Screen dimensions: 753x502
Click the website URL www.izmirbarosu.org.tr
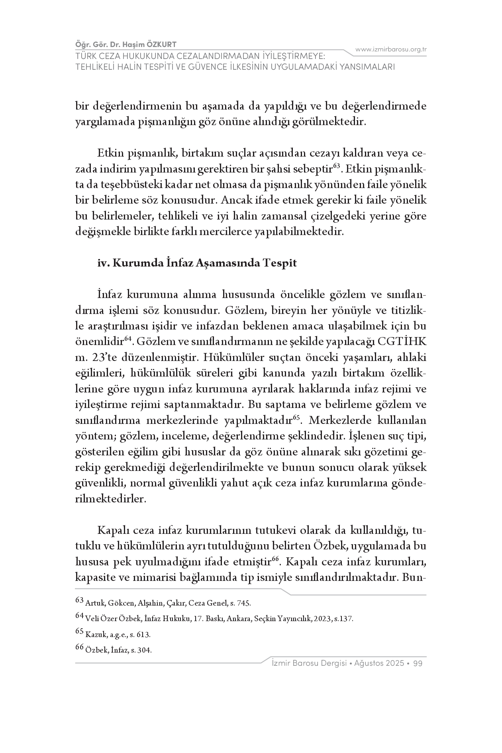391,49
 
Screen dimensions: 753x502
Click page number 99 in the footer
418,663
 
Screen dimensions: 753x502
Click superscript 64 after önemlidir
128,339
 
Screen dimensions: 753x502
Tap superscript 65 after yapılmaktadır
296,417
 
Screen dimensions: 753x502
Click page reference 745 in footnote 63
244,603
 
